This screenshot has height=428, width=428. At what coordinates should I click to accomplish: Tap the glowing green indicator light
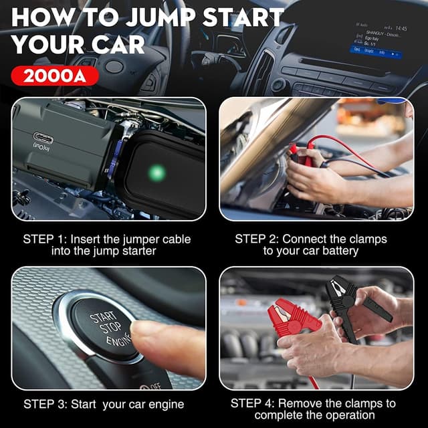click(x=157, y=173)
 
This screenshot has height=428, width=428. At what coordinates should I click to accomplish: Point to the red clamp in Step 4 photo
click(x=294, y=320)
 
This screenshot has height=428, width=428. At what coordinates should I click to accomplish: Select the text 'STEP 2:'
click(x=257, y=239)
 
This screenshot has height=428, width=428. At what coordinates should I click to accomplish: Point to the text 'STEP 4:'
click(x=253, y=403)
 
